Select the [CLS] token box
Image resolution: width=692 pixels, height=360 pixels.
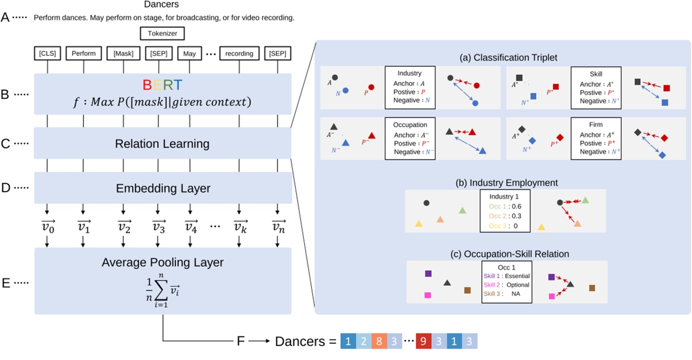pos(47,54)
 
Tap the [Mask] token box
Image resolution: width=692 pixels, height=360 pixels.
pos(123,54)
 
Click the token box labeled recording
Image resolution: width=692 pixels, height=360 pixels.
pos(239,54)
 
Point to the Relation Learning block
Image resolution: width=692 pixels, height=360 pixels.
pos(163,143)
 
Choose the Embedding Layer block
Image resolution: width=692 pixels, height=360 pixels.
pos(163,188)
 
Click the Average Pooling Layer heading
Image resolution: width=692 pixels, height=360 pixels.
pos(163,263)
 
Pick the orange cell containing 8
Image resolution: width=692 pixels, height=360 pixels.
pos(378,341)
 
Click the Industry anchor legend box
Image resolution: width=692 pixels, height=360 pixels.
pos(409,87)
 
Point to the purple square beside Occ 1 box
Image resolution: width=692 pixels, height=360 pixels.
pos(427,274)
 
